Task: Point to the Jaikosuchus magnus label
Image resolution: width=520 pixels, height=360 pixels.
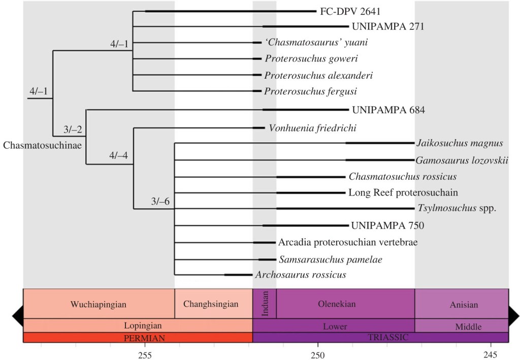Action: click(x=460, y=143)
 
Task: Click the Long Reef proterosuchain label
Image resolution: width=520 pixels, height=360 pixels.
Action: click(x=403, y=192)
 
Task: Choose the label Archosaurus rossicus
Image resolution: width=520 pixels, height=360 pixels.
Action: click(x=301, y=275)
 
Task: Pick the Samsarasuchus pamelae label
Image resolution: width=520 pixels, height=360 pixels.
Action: click(x=330, y=259)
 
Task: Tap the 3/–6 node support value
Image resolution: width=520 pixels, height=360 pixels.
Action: click(x=160, y=201)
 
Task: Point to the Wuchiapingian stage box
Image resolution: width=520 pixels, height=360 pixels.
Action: click(x=99, y=304)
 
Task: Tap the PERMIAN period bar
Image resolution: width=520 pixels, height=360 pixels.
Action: click(x=138, y=337)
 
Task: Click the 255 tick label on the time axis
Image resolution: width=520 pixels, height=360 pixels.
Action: click(x=145, y=353)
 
